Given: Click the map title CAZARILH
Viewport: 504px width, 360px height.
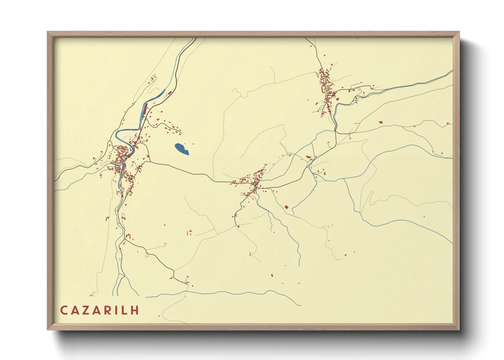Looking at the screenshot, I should point(100,310).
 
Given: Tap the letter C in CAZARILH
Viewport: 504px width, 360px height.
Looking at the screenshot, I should point(64,310).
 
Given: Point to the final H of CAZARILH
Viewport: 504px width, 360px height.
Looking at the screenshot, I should point(136,310).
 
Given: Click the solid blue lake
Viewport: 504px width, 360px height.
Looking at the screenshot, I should point(181,149).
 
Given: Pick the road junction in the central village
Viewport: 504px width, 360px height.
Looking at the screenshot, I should point(255,185).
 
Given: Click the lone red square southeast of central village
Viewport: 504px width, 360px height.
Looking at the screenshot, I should point(286,207).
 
